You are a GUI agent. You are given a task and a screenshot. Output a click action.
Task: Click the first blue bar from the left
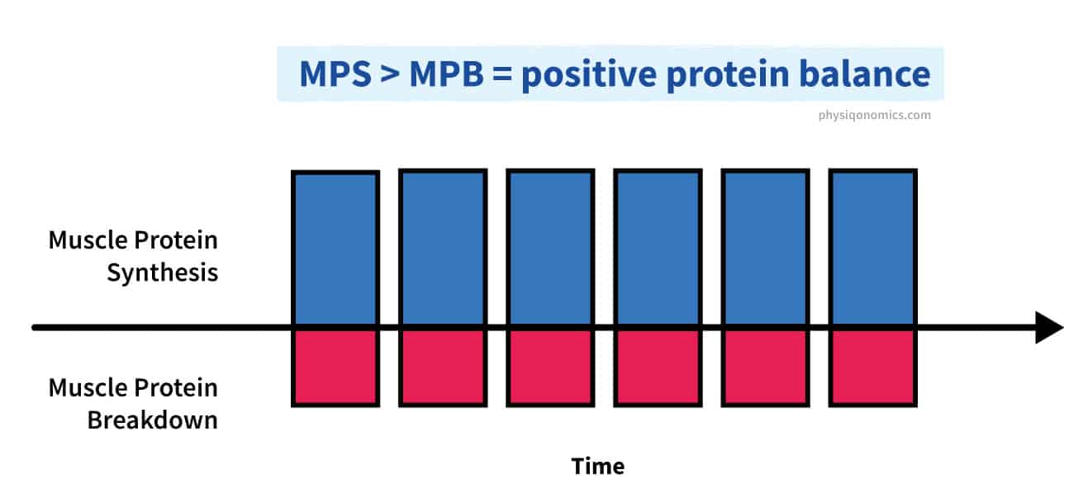point(335,248)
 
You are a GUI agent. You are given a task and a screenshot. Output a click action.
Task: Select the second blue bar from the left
point(443,247)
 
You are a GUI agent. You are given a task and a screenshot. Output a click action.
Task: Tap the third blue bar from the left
point(550,247)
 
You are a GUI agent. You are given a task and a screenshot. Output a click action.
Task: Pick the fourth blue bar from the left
point(658,247)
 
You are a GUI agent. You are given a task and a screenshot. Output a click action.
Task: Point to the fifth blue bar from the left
point(765,247)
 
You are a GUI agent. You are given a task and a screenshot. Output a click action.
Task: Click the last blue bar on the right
point(872,247)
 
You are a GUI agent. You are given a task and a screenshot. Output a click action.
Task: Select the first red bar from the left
point(335,368)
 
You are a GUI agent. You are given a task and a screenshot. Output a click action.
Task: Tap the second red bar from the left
point(443,368)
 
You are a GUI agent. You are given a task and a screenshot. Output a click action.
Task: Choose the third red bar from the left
point(550,368)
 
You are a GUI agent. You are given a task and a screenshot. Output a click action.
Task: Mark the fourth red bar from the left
point(658,368)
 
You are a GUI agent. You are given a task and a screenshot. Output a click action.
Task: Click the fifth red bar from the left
point(765,368)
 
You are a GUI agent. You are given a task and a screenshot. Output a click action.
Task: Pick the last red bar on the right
point(872,368)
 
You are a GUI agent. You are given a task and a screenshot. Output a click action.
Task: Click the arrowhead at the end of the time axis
point(1048,328)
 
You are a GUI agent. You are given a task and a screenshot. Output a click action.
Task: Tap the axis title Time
point(598,466)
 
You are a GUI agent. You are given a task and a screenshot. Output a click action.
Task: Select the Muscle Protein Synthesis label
point(134,256)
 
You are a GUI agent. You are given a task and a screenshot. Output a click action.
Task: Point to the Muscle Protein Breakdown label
point(134,403)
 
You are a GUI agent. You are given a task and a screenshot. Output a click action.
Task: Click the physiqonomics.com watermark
point(869,115)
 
